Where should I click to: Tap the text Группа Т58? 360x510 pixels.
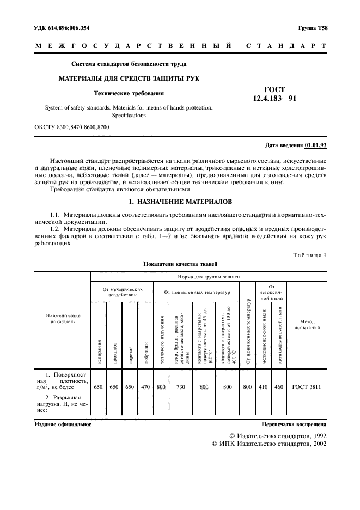click(x=313, y=27)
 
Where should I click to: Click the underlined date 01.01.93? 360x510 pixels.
click(x=315, y=145)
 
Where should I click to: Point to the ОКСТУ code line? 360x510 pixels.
click(x=72, y=127)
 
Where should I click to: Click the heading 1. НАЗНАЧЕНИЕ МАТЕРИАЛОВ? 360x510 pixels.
click(x=180, y=202)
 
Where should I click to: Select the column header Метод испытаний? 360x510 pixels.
click(x=306, y=325)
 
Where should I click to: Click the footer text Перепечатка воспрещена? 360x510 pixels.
click(x=294, y=423)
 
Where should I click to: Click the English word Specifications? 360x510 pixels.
click(x=129, y=116)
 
